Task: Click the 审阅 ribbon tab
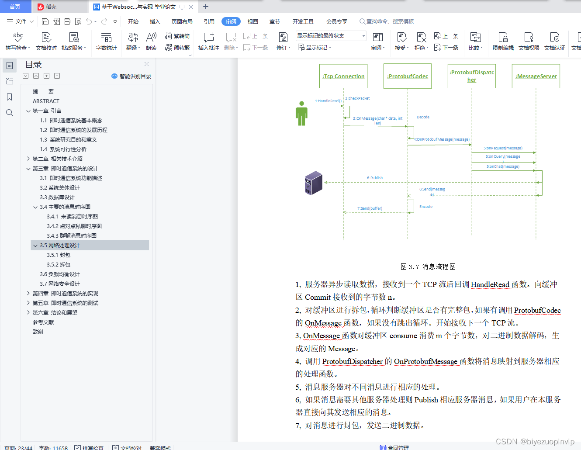coord(231,21)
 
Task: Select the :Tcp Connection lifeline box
coord(343,76)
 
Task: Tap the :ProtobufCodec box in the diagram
coord(408,76)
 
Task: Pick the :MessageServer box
coord(536,76)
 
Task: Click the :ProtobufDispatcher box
coord(472,76)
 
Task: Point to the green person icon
coord(301,114)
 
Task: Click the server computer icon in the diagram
coord(313,183)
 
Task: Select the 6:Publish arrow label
coord(375,178)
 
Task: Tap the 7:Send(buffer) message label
coord(370,208)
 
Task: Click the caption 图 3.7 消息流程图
coord(428,267)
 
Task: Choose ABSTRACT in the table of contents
coord(46,101)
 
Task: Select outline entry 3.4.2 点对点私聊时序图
coord(74,226)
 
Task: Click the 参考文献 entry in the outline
coord(43,322)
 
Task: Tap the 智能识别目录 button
coord(131,76)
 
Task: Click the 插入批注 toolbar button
coord(209,42)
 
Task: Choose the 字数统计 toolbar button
coord(107,42)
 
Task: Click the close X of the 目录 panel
coord(147,64)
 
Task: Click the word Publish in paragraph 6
coord(426,400)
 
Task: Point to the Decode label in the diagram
coord(423,117)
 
